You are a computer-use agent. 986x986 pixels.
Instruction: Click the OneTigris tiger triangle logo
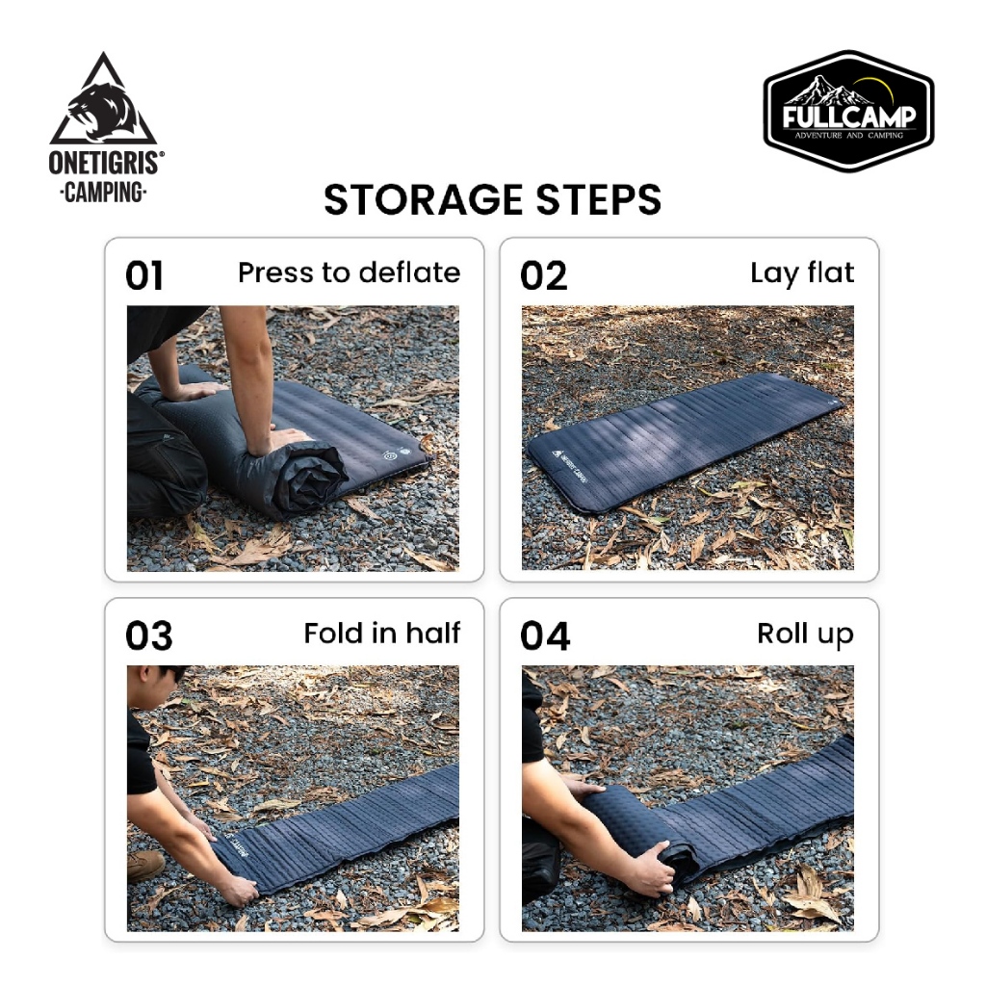(103, 99)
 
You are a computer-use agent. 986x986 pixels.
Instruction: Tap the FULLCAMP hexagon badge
(849, 112)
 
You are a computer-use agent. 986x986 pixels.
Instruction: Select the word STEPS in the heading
(599, 200)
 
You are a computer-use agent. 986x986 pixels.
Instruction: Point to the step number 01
(144, 275)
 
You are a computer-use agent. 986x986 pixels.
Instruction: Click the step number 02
(543, 275)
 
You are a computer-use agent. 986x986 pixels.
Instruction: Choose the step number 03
(149, 636)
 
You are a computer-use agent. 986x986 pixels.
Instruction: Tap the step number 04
(545, 636)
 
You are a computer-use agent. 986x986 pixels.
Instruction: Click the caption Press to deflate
(349, 273)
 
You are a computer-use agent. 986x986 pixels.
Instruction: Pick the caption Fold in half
(382, 634)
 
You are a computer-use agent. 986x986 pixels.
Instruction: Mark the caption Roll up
(806, 635)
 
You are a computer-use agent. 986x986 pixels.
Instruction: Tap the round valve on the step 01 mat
(389, 454)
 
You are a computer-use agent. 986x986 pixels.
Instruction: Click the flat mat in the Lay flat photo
(684, 440)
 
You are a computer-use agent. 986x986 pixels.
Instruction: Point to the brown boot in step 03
(146, 866)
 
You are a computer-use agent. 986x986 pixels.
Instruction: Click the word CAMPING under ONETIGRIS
(104, 192)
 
